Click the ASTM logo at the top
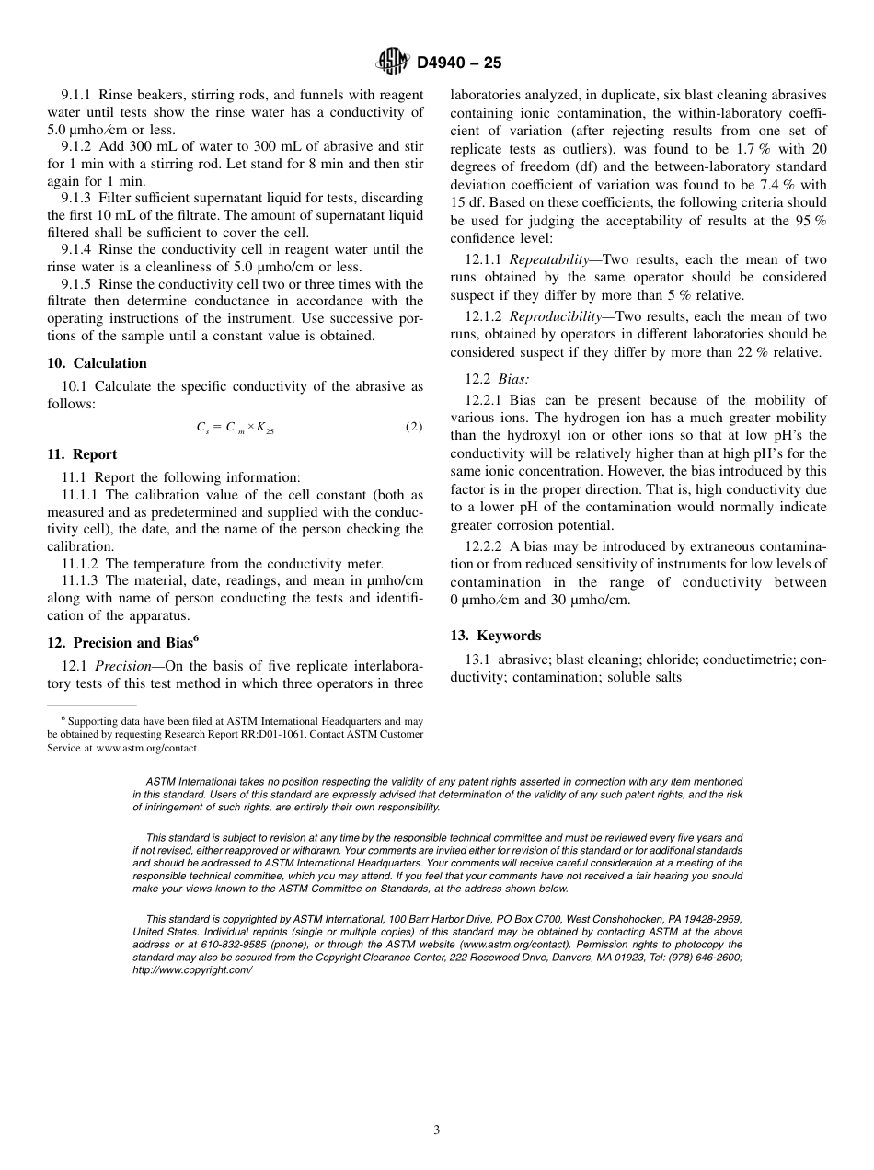[392, 63]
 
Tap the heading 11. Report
[82, 454]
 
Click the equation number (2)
[414, 427]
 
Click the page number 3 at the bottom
[437, 1130]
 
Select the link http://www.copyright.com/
[191, 969]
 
